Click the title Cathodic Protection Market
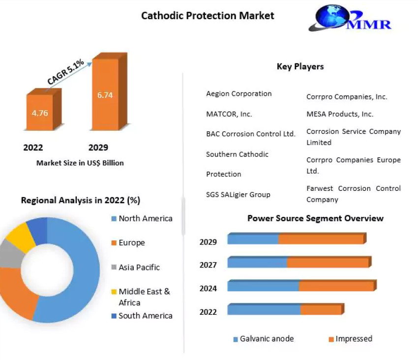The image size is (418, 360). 208,16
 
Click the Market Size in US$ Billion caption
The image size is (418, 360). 80,163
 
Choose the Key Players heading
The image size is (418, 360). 300,66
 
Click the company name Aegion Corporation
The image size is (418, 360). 239,93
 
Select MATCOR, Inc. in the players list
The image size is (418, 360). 229,114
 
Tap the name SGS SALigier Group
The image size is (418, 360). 238,194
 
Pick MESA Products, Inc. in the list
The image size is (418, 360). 340,114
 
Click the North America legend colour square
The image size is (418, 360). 114,219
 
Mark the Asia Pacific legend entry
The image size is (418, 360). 139,267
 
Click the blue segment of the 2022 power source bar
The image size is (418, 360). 264,309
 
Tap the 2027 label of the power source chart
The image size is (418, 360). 208,265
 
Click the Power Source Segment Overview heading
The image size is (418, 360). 315,218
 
